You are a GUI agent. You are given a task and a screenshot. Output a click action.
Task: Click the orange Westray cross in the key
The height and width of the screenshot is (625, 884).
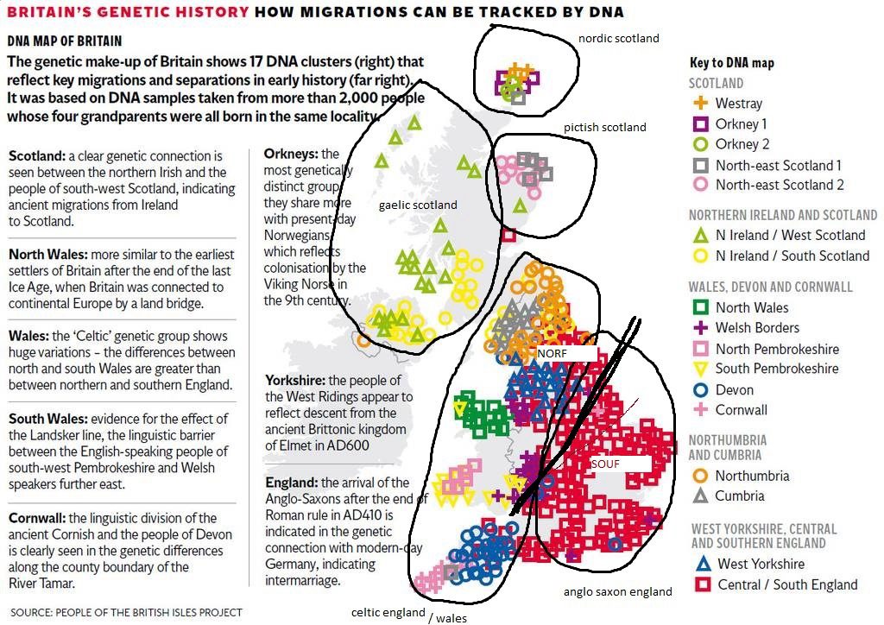[701, 104]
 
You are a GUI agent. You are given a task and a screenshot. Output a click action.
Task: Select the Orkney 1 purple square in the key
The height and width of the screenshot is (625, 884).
[701, 124]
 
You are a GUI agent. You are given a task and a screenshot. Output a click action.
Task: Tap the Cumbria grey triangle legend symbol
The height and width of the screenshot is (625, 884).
[701, 496]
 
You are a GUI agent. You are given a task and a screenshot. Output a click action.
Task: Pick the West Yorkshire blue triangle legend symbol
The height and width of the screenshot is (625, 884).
[701, 564]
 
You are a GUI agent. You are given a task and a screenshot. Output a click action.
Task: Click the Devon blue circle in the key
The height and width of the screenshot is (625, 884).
[701, 389]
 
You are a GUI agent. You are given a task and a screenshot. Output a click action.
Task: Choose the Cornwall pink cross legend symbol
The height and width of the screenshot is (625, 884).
[701, 410]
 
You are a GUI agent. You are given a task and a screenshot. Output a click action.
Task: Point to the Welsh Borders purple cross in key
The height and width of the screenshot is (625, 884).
[701, 328]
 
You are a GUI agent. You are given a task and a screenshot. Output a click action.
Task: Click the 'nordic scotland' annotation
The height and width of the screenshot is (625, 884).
[618, 38]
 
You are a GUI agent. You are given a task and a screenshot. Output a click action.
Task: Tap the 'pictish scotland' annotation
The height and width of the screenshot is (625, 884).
[604, 127]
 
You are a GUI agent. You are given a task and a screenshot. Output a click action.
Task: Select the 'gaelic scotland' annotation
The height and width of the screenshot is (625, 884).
[418, 205]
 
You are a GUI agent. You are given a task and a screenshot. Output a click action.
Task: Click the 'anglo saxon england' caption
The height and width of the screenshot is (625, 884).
[617, 591]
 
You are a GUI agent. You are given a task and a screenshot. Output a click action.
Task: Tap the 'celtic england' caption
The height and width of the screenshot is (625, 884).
[388, 612]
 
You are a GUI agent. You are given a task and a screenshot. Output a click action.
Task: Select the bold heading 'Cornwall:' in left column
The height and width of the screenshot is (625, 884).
[37, 518]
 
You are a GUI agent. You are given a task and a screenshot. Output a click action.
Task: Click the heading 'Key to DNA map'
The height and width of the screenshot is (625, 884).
[732, 63]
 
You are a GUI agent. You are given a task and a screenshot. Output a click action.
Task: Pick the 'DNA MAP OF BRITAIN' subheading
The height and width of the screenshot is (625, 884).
[65, 41]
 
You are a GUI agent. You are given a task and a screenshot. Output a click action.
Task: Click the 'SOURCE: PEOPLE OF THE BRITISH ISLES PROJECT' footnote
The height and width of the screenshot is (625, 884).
[127, 612]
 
